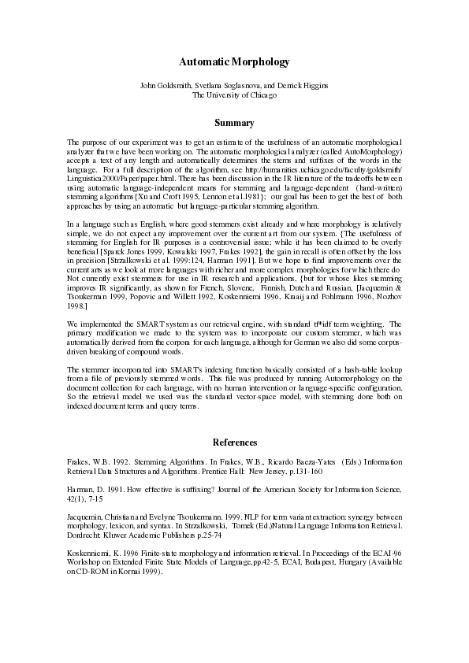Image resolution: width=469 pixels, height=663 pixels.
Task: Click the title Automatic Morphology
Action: [x=234, y=61]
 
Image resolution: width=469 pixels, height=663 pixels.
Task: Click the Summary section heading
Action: [x=234, y=123]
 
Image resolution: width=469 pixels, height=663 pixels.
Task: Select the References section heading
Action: [x=234, y=443]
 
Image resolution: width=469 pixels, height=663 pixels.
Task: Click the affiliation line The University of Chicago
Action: [x=234, y=94]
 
